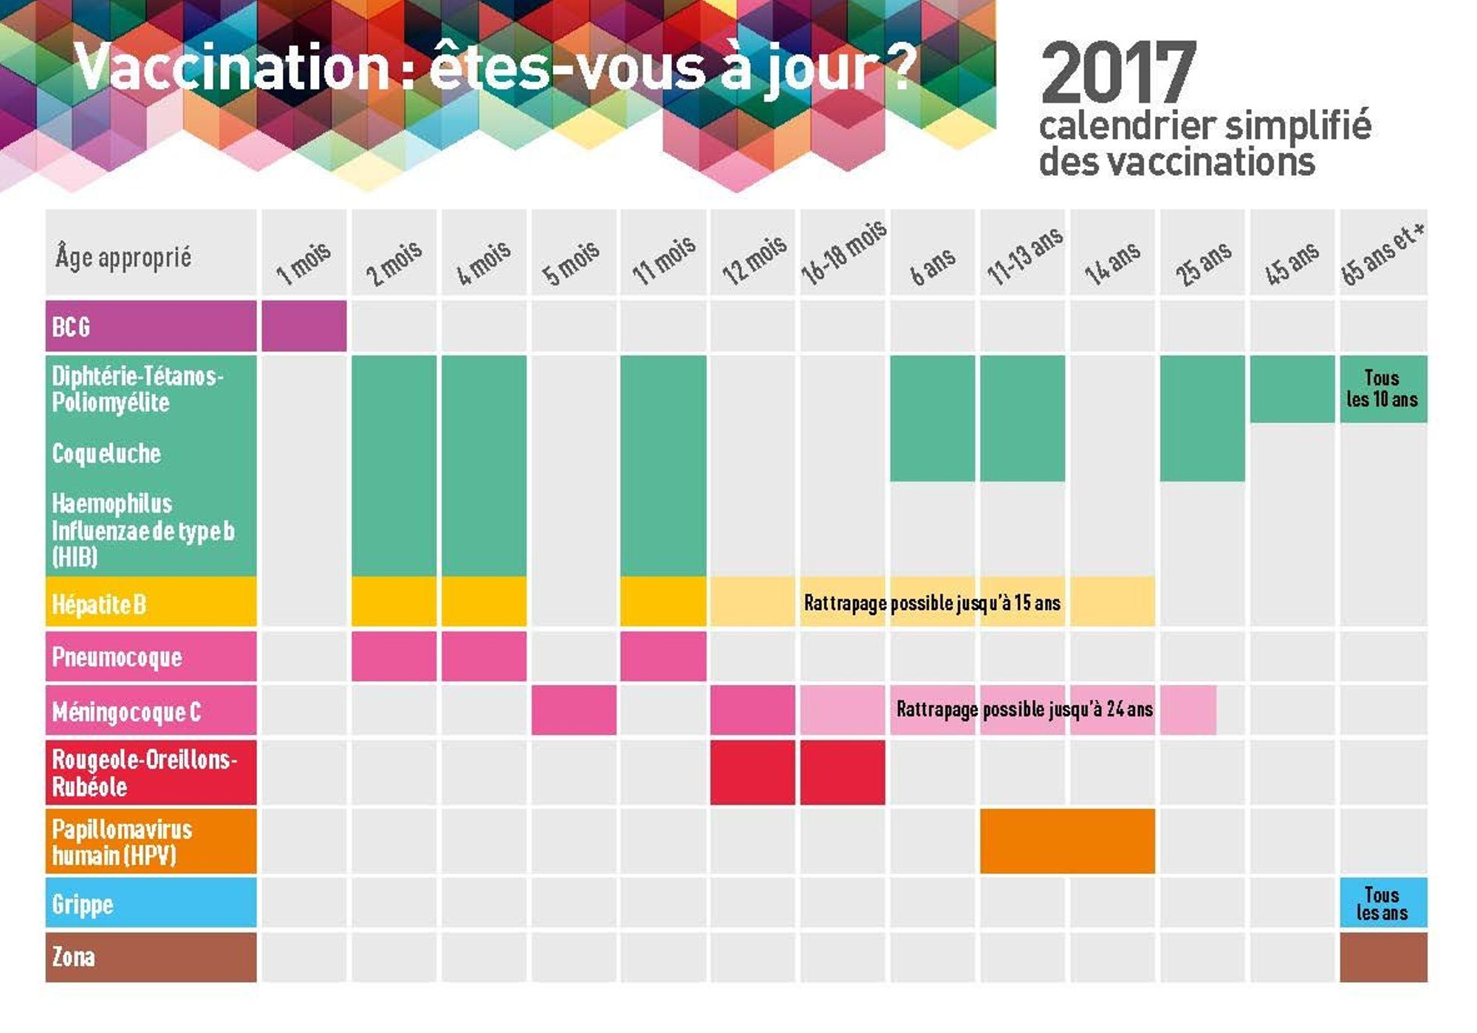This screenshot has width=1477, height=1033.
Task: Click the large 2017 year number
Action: pos(1118,74)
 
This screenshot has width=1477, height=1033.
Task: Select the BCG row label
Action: pos(151,326)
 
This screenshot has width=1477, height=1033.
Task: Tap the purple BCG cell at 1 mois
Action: pos(304,326)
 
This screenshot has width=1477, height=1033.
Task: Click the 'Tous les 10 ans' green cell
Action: pos(1382,388)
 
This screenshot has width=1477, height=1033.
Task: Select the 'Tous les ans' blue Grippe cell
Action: pos(1382,903)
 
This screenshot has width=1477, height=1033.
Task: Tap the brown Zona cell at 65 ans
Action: pos(1382,957)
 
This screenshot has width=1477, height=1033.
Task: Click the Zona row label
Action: pos(151,957)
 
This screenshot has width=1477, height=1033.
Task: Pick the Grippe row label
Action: pos(151,903)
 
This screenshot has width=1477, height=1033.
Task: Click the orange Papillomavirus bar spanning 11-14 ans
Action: pos(1067,841)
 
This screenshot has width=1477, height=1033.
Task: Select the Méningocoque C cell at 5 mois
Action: pos(574,710)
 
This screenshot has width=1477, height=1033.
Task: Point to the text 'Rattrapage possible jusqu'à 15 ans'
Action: pos(932,603)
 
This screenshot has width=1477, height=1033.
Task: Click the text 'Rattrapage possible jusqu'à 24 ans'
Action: pos(1024,710)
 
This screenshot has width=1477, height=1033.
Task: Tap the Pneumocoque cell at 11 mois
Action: pos(662,656)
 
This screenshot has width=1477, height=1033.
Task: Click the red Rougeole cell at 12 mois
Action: pos(753,772)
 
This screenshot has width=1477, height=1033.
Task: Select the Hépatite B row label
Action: pos(151,603)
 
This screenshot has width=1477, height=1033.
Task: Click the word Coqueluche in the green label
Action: pos(106,453)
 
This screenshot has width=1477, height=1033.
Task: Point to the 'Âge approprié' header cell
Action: pos(151,254)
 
